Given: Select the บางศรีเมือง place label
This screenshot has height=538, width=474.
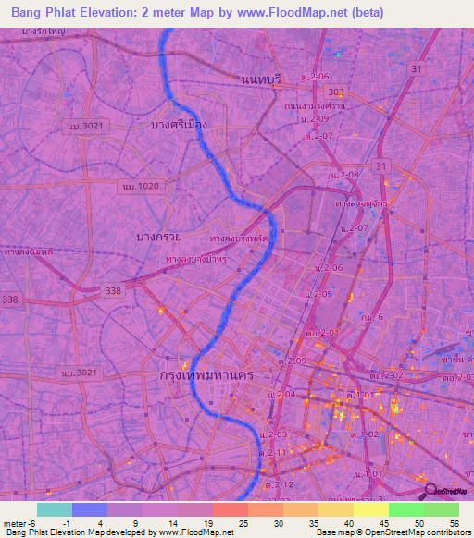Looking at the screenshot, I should [x=179, y=124].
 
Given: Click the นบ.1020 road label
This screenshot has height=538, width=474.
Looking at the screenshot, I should [x=140, y=187].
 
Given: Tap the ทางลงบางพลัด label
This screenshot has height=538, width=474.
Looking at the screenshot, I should [x=239, y=239].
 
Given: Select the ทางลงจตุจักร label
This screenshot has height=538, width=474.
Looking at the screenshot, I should [x=362, y=202].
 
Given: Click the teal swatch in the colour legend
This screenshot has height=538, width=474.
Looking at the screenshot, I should [x=55, y=509].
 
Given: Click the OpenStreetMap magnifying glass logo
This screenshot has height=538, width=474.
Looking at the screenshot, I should [x=430, y=491].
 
